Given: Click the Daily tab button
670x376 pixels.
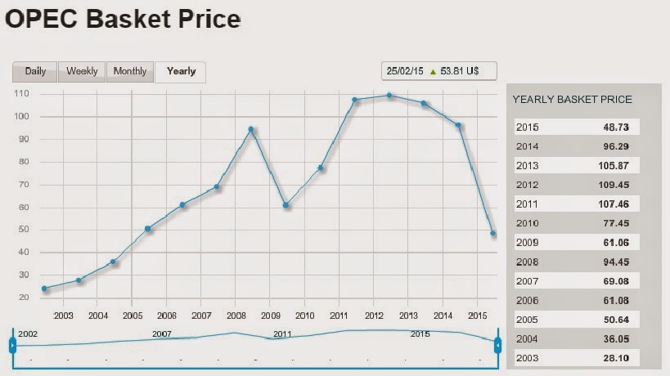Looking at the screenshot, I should (35, 71).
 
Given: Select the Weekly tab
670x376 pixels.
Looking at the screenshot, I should (82, 71).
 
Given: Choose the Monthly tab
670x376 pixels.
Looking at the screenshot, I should (130, 71).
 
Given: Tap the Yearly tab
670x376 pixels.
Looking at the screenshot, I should (181, 71).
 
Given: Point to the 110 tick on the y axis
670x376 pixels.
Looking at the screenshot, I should (23, 94).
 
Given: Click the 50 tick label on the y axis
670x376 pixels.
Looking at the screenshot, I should (25, 230).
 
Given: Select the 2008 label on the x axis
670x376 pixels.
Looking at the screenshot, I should (236, 315).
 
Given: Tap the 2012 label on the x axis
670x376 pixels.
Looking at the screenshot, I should (374, 315).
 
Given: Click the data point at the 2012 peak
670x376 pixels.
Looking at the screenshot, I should (389, 95).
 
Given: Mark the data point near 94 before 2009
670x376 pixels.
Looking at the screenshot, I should (251, 129).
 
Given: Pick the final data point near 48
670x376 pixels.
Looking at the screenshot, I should (493, 234).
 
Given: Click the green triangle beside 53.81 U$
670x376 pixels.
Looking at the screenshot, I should (433, 71).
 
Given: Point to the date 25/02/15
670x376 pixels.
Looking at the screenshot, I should (406, 71).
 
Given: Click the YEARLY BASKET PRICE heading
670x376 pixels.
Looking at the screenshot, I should (572, 100).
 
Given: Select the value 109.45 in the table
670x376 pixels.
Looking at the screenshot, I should (619, 184).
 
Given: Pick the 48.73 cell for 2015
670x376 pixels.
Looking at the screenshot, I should (619, 127).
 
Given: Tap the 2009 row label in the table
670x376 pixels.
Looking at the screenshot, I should (528, 242).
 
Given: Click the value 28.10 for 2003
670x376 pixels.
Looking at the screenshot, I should (619, 358).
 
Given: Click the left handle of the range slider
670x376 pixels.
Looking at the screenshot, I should (12, 346).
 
